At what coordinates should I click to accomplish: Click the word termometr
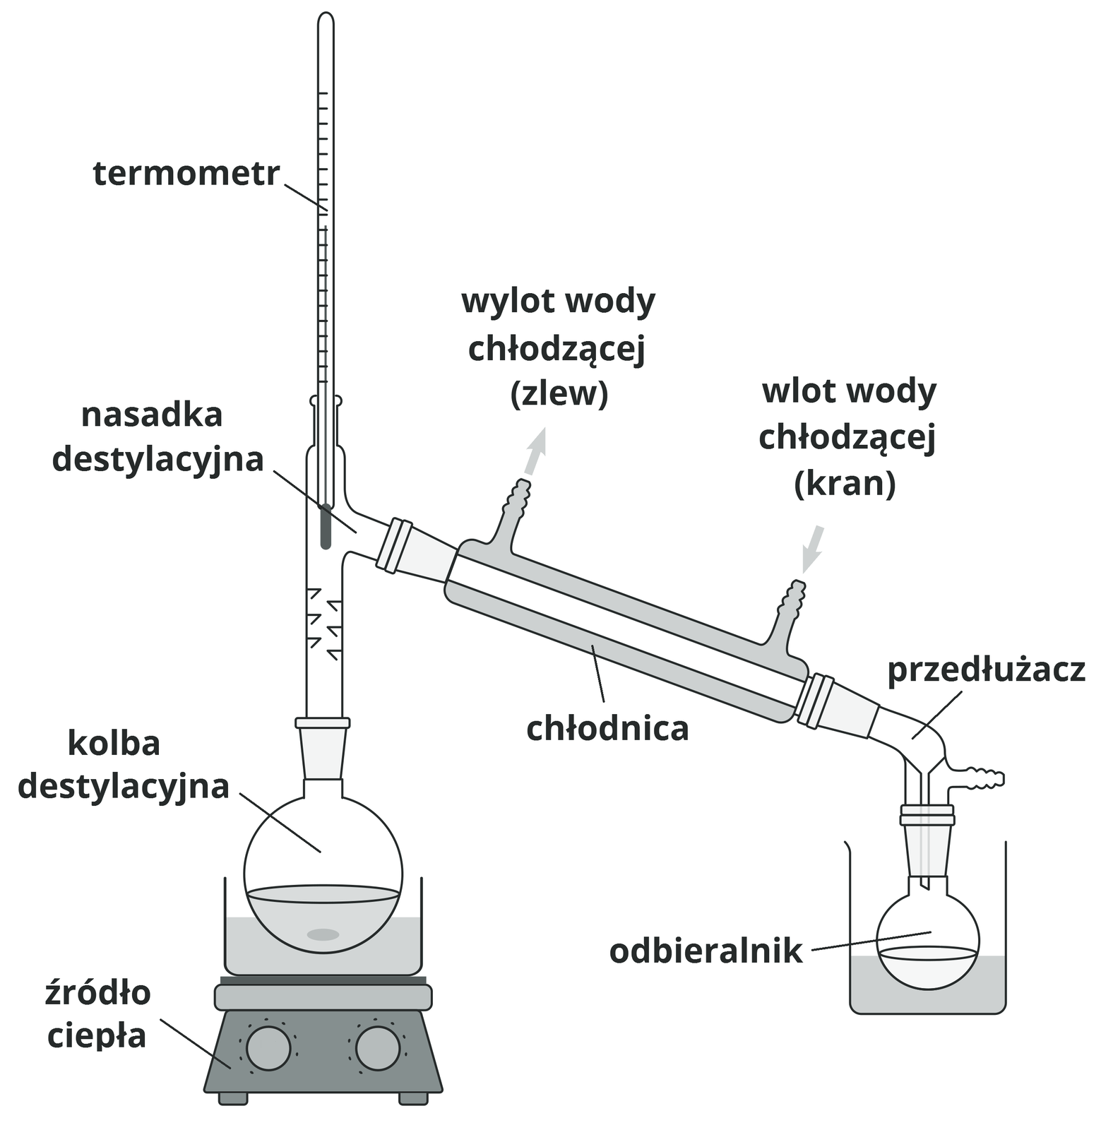(x=186, y=174)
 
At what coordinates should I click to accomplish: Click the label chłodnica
(x=607, y=728)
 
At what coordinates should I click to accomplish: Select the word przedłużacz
(x=986, y=670)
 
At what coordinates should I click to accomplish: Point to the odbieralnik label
(x=706, y=951)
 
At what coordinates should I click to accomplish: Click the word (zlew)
(x=559, y=394)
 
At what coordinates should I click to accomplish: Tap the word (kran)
(x=845, y=484)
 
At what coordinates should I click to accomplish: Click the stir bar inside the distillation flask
(x=323, y=934)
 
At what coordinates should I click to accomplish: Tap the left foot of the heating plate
(x=233, y=1098)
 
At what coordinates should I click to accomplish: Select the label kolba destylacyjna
(x=124, y=765)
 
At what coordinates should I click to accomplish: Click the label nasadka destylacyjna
(x=157, y=438)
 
